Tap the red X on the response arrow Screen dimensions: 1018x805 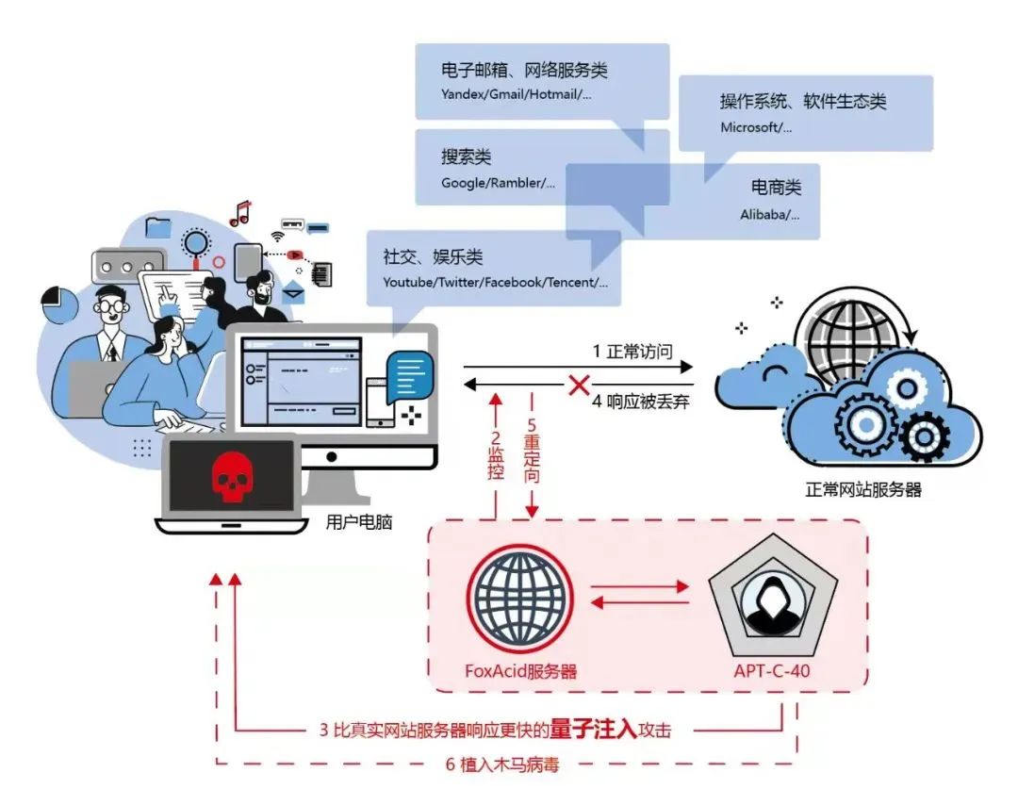point(579,385)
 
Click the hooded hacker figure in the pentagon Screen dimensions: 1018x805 point(771,606)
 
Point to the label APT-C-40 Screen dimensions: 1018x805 point(772,670)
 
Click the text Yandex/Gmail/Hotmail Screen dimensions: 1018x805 point(517,94)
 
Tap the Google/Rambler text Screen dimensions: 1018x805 point(498,183)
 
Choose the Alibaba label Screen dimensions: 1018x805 point(770,214)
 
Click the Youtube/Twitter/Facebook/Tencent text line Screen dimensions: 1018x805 point(496,283)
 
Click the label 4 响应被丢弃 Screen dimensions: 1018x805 point(640,402)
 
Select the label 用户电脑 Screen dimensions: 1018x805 point(359,522)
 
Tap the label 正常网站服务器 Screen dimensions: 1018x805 point(863,489)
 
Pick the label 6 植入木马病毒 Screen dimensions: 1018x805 point(501,764)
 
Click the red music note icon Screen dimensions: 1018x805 point(241,213)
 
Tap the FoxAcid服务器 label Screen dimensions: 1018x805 point(520,670)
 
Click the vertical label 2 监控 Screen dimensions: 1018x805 point(496,454)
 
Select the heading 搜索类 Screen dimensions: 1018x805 point(467,156)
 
